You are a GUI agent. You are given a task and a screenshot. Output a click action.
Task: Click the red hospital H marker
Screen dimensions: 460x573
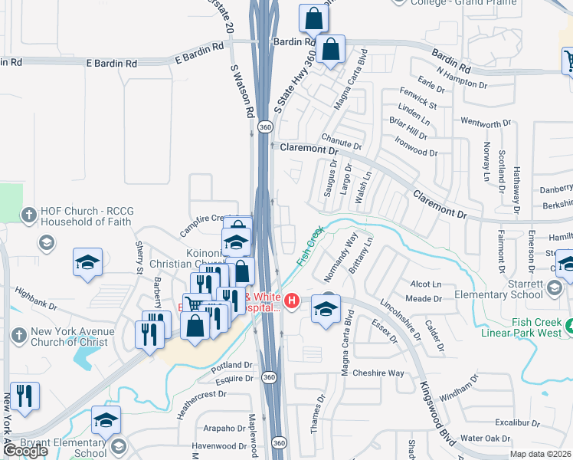[292, 303]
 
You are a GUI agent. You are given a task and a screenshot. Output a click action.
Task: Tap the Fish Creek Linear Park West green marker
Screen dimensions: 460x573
[568, 329]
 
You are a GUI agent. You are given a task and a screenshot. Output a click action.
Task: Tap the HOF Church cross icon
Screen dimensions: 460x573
[29, 214]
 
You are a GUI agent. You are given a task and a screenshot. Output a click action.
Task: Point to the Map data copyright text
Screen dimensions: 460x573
[541, 454]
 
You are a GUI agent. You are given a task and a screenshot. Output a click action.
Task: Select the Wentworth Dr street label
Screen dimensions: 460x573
[485, 123]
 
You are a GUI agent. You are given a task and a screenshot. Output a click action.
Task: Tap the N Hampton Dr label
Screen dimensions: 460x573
[463, 77]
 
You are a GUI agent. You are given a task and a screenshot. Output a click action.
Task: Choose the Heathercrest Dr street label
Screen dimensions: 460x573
[201, 394]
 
